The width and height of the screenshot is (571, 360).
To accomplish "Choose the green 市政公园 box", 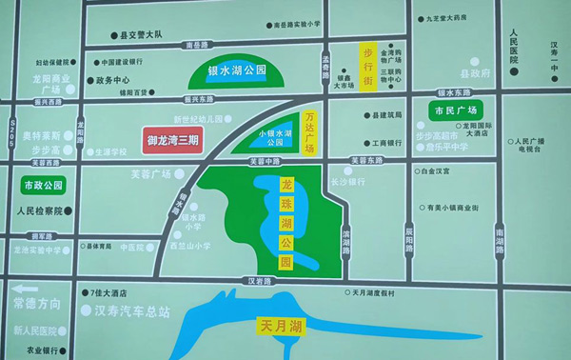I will [43, 185].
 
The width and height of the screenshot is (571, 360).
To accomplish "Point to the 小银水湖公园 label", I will [275, 135].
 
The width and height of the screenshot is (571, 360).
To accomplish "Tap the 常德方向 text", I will [36, 303].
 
